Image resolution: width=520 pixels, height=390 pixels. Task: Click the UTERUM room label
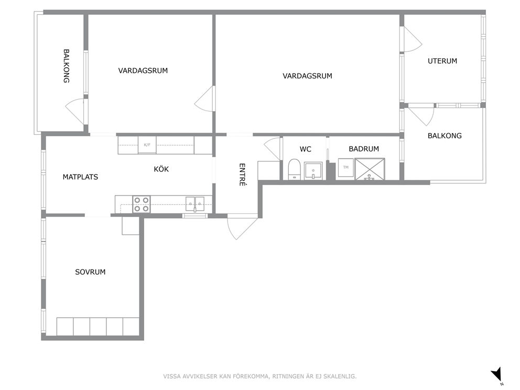coord(442,61)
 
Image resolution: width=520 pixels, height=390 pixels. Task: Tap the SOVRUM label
coord(90,272)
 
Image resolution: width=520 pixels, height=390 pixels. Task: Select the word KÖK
coord(161,169)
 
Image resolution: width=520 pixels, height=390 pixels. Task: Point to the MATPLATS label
coord(80,177)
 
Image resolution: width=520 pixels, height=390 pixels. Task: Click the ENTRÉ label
coord(242,175)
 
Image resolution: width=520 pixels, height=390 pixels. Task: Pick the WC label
coord(306,149)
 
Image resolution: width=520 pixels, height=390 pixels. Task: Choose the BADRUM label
coord(364,149)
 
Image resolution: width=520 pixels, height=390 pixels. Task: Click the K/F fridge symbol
coord(147,145)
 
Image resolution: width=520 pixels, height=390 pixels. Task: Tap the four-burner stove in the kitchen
coord(142,204)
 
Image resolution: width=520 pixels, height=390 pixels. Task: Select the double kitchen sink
coord(195,203)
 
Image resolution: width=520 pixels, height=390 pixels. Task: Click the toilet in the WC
coord(294,169)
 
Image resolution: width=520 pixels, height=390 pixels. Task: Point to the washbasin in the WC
coord(313,171)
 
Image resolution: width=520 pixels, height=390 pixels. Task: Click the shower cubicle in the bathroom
coord(370,169)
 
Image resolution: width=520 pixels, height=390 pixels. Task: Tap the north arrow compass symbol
coord(497,374)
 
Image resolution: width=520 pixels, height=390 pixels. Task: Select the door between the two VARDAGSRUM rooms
coord(205,99)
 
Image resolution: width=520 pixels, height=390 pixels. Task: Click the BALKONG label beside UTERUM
coord(445,136)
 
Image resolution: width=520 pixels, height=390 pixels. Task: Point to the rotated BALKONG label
coord(67,66)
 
